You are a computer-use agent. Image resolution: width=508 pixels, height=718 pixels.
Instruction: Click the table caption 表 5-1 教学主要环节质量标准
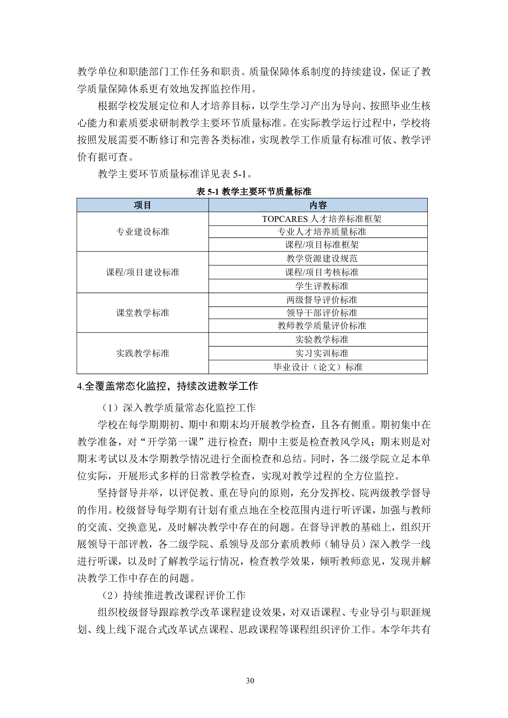click(x=254, y=191)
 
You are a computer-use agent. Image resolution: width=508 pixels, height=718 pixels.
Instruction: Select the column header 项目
click(x=142, y=205)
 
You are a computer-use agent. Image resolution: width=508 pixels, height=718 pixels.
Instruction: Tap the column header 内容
click(x=318, y=205)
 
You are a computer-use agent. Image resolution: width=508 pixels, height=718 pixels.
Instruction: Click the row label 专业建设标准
click(x=142, y=232)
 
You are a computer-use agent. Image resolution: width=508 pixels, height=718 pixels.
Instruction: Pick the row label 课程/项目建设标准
click(x=142, y=272)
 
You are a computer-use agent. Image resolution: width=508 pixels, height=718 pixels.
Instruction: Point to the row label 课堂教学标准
click(x=142, y=313)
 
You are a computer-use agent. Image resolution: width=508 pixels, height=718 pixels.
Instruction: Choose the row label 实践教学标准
click(x=142, y=353)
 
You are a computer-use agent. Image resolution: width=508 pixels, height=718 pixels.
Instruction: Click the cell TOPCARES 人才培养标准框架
click(x=322, y=219)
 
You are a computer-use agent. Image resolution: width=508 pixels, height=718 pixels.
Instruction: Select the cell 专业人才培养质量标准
click(x=322, y=232)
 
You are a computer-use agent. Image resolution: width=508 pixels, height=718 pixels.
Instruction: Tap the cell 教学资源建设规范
click(x=322, y=258)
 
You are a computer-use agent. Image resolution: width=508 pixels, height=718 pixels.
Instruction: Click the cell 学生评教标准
click(x=322, y=286)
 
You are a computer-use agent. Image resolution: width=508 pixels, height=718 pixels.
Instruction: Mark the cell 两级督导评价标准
click(x=322, y=300)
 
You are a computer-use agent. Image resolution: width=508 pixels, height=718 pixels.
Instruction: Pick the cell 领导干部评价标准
click(x=322, y=313)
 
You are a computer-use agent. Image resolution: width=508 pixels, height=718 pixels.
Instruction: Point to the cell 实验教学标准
click(x=322, y=340)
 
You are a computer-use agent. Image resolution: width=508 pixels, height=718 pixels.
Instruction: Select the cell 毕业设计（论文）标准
click(x=318, y=367)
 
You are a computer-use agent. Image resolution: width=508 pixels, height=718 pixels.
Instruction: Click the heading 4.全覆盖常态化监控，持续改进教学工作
click(x=167, y=386)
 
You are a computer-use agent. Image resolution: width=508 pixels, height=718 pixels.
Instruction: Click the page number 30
click(x=250, y=681)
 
